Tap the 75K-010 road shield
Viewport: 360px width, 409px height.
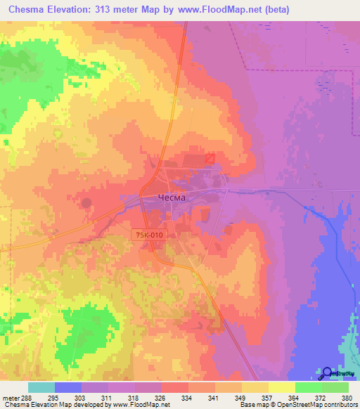(x=149, y=234)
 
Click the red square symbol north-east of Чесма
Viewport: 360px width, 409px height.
(x=210, y=160)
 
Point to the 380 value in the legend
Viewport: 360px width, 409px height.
(x=347, y=398)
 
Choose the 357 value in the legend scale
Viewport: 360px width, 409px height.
(x=266, y=398)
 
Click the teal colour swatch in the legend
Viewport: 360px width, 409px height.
(x=41, y=387)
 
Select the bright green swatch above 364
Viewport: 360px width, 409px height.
(x=308, y=387)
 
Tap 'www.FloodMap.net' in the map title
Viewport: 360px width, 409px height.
(x=215, y=10)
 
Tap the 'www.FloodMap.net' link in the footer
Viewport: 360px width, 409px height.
(x=141, y=405)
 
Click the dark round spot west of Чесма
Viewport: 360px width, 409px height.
(x=86, y=203)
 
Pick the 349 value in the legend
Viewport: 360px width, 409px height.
(x=239, y=398)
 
